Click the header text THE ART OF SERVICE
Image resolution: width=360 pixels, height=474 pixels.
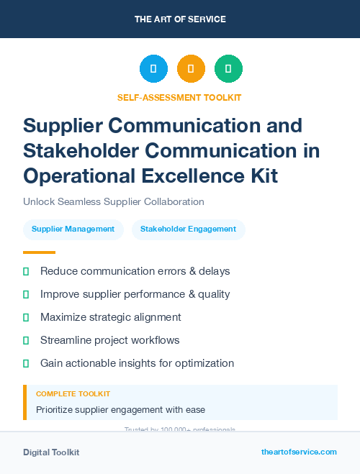[x=180, y=19]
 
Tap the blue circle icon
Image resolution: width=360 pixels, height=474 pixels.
[x=153, y=69]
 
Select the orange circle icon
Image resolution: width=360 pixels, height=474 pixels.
[x=191, y=69]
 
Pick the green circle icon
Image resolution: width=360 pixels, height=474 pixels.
[x=228, y=69]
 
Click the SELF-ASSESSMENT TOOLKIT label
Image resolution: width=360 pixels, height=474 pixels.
[x=179, y=97]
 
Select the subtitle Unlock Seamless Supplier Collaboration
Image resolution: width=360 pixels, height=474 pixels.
[x=114, y=202]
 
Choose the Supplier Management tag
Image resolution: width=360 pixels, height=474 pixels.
[x=73, y=229]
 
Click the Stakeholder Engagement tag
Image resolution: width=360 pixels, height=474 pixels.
[x=188, y=229]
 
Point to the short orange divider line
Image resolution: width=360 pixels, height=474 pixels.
[x=39, y=252]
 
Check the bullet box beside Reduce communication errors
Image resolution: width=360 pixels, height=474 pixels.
[x=26, y=272]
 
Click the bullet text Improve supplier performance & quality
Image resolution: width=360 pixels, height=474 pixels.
[x=135, y=294]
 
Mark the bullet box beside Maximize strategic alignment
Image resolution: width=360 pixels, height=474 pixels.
[x=26, y=317]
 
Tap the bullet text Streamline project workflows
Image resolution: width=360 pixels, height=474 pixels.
[x=110, y=340]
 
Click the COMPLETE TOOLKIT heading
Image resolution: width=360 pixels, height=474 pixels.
[x=73, y=394]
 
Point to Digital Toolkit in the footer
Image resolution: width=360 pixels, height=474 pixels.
[x=51, y=452]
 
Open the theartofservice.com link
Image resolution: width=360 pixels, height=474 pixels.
[x=299, y=452]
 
